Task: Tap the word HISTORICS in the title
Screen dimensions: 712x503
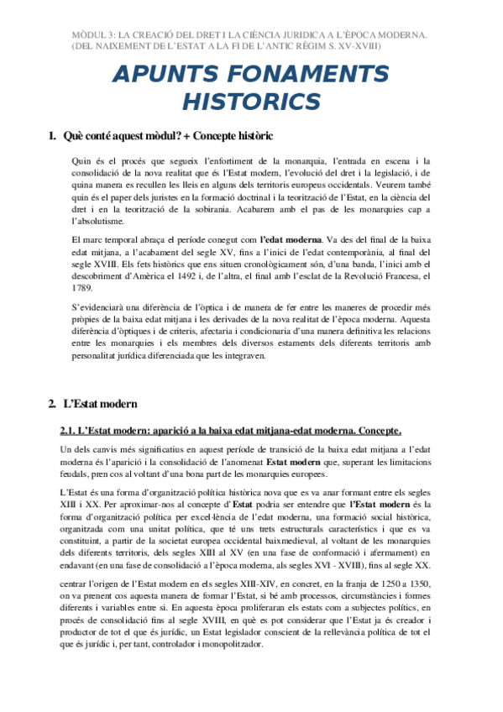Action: (251, 102)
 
